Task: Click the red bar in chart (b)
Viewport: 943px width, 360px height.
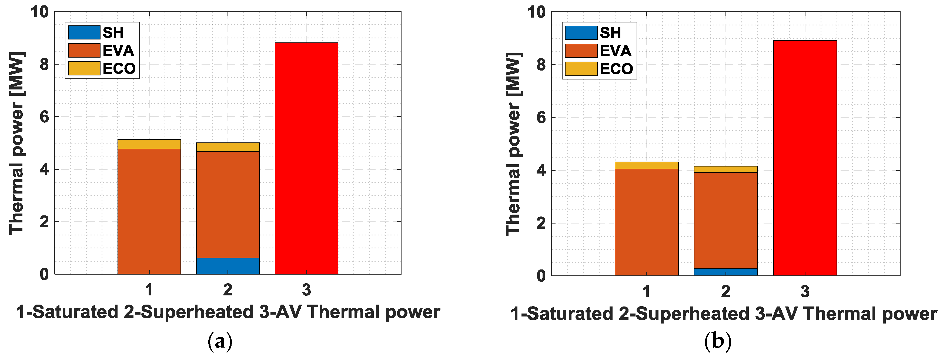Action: [x=805, y=158]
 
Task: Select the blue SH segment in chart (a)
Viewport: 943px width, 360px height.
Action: [x=228, y=266]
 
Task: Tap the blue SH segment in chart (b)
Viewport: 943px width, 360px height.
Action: [x=725, y=272]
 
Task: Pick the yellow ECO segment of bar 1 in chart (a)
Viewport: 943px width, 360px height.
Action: [x=149, y=144]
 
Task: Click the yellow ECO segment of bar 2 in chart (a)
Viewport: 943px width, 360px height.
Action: [x=228, y=147]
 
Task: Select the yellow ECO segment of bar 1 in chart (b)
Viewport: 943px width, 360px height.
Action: [x=647, y=165]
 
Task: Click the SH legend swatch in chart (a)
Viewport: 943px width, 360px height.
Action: [x=84, y=32]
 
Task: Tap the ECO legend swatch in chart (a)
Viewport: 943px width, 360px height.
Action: [x=84, y=68]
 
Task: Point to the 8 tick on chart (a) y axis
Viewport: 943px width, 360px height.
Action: [x=44, y=64]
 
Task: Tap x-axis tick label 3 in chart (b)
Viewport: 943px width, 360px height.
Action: [x=805, y=292]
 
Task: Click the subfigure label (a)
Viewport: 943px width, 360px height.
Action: [x=220, y=341]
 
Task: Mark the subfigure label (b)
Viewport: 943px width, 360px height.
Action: [x=717, y=341]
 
